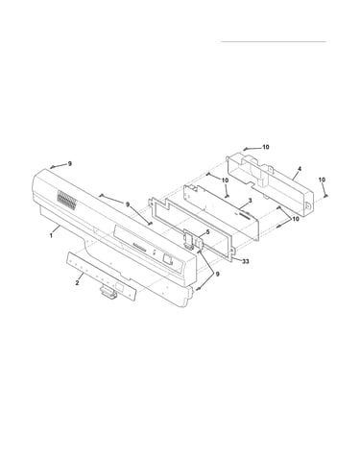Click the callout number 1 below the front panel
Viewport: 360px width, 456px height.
tap(51, 235)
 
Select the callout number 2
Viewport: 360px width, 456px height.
tap(77, 282)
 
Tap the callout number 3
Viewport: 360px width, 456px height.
tap(251, 200)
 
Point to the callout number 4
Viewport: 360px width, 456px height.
tap(300, 168)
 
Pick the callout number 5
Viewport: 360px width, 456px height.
tap(207, 232)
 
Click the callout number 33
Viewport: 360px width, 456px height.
tap(245, 261)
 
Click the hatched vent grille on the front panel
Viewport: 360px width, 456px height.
tap(67, 201)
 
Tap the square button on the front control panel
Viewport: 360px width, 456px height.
tap(168, 258)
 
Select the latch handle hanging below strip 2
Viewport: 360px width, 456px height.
tap(108, 293)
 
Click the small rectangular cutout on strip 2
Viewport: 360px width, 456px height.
tap(118, 287)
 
